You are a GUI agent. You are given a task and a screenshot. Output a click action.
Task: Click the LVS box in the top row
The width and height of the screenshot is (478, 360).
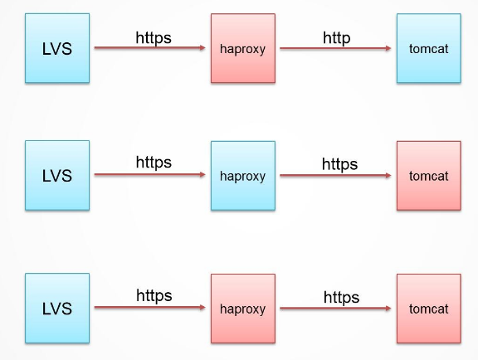57,48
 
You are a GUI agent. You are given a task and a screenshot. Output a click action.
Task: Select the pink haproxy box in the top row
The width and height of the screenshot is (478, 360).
243,48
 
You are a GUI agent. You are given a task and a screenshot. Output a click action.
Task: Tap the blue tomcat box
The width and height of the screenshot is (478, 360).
428,48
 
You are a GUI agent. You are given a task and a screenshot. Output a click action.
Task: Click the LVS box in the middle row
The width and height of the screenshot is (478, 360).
57,175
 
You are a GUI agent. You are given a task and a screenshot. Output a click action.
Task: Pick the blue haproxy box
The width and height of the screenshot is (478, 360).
243,176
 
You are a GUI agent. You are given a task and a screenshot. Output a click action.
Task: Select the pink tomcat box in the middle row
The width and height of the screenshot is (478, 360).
428,176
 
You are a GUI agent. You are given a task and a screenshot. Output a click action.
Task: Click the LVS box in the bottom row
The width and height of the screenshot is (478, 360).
57,309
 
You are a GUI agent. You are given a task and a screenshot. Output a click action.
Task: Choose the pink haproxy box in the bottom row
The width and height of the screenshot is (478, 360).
243,309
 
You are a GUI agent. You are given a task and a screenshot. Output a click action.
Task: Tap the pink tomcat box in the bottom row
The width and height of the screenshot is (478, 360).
428,309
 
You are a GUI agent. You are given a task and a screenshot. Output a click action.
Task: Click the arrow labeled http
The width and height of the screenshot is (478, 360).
335,48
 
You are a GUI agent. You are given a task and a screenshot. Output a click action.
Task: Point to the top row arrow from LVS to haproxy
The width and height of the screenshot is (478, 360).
149,47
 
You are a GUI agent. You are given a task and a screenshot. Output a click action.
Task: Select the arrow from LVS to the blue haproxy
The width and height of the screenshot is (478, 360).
149,174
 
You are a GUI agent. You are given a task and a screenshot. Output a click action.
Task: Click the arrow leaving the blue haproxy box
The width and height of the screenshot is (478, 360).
335,175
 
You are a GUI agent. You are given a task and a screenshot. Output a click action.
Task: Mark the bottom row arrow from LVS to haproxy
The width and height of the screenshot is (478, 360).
149,307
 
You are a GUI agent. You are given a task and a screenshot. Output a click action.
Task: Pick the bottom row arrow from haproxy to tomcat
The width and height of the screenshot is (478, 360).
335,309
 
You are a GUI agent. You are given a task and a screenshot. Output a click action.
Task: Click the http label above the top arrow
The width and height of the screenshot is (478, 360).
337,38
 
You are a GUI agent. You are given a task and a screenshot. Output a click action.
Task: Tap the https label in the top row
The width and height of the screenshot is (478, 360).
154,38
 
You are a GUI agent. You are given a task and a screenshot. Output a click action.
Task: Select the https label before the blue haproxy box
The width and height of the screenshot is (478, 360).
154,163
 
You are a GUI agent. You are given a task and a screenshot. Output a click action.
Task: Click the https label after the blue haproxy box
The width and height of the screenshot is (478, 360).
339,164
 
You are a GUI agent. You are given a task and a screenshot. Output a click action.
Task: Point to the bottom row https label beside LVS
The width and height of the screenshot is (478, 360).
154,295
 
